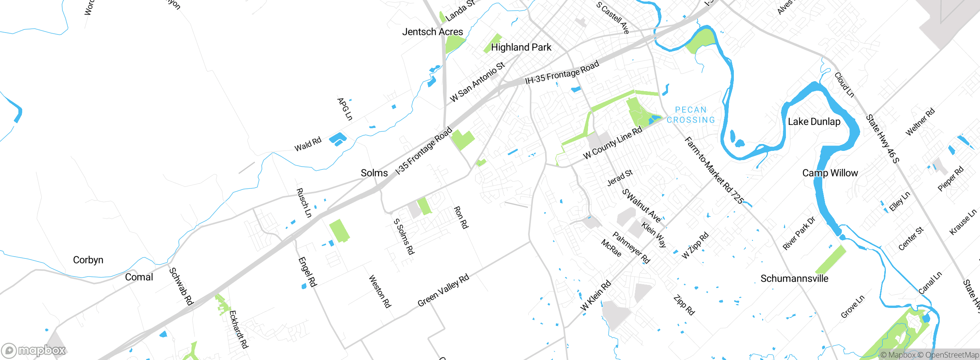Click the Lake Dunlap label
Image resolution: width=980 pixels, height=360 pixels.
click(814, 122)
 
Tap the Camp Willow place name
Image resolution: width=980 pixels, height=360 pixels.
click(830, 173)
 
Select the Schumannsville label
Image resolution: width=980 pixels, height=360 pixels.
click(794, 278)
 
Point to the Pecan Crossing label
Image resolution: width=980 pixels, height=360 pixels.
click(691, 115)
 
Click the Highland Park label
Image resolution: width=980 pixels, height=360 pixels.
click(521, 47)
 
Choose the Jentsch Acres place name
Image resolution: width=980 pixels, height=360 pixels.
click(433, 32)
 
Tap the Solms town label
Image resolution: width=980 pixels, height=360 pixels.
click(374, 173)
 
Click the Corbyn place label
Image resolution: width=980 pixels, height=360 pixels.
click(88, 260)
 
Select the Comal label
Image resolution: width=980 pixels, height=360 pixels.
click(139, 277)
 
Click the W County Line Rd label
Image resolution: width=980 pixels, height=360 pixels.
click(612, 142)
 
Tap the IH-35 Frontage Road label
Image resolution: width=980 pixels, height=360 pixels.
click(562, 72)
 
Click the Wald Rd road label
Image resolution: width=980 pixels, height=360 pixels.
click(308, 144)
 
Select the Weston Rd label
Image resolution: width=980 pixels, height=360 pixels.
click(380, 291)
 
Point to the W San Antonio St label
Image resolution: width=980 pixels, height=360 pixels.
click(477, 82)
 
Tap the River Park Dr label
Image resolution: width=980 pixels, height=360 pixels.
click(799, 233)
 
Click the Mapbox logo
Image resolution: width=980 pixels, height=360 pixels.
click(34, 350)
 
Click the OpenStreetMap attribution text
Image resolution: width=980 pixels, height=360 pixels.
click(952, 355)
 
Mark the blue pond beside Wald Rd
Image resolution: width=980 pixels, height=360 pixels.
click(338, 139)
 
